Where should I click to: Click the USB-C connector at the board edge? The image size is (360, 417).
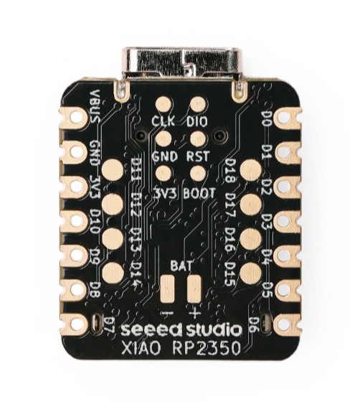tap(181, 64)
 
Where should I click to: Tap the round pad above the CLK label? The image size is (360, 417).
tap(164, 104)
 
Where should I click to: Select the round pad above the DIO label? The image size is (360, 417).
tap(198, 104)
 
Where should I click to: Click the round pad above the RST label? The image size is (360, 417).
tap(198, 139)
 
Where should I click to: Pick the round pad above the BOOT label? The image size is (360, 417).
tap(198, 173)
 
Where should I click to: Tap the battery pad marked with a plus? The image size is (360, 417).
tap(194, 289)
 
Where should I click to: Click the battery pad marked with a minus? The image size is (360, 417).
tap(167, 289)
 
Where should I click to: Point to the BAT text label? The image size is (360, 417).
tap(181, 266)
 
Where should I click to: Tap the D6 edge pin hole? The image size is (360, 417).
tap(284, 324)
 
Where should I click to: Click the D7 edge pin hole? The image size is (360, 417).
tap(77, 324)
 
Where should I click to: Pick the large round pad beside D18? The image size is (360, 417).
tap(251, 169)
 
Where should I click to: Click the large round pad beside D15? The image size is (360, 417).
tap(251, 273)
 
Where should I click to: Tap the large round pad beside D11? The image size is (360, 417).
tap(113, 169)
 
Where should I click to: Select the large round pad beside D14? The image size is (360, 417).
tap(113, 273)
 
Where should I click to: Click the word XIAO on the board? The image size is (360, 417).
tap(141, 348)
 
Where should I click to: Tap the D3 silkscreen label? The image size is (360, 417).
tap(265, 220)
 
